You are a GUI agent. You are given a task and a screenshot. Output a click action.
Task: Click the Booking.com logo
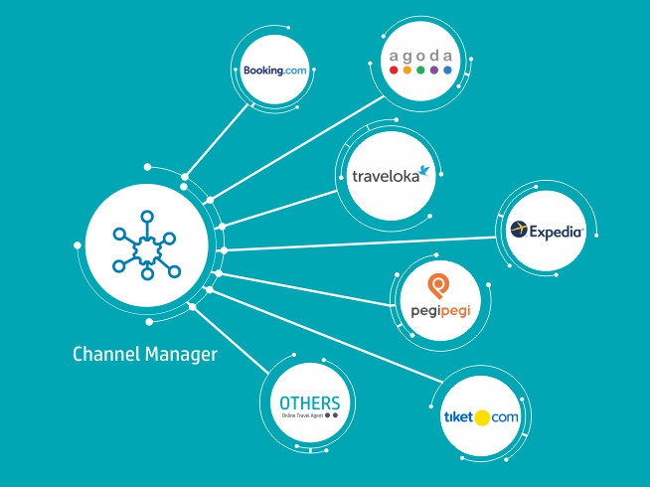(274, 70)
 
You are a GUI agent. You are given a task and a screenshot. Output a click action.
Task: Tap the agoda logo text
(420, 56)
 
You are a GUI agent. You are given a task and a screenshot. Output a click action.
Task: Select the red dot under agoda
(395, 72)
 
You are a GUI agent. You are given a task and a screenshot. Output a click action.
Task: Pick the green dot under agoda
(420, 72)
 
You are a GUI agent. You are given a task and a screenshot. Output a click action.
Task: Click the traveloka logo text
(389, 178)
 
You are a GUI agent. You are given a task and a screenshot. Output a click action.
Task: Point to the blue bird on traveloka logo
(426, 169)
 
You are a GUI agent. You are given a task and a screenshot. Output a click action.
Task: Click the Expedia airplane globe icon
(518, 231)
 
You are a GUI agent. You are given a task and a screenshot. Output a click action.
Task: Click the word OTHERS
(310, 403)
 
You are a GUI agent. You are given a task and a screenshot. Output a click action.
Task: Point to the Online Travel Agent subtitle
(303, 415)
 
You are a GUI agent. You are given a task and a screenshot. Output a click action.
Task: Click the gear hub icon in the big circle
(145, 242)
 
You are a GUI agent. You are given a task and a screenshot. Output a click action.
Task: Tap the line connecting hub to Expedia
(358, 242)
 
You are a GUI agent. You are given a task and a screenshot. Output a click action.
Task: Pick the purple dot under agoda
(434, 72)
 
